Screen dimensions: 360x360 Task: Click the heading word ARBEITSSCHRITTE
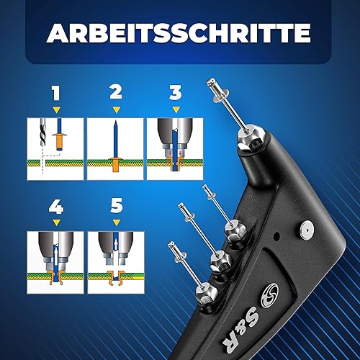(x=179, y=33)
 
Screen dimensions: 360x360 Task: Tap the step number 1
(x=56, y=93)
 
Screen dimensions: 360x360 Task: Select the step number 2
(x=116, y=92)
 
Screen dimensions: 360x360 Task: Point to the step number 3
(x=176, y=93)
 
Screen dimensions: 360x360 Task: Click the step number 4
(x=56, y=207)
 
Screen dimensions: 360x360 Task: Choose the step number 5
(x=117, y=206)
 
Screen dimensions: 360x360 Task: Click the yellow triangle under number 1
(x=57, y=110)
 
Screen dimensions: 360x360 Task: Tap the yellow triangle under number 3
(x=176, y=110)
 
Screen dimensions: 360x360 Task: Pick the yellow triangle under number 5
(x=117, y=223)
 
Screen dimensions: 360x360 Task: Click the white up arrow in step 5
(x=116, y=246)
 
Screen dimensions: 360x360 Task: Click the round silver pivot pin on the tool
(x=307, y=230)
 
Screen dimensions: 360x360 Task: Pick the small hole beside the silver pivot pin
(x=277, y=236)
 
